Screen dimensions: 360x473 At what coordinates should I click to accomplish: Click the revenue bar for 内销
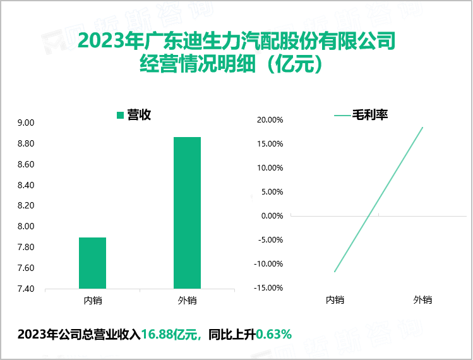click(x=92, y=263)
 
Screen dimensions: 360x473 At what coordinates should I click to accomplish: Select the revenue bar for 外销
click(x=187, y=213)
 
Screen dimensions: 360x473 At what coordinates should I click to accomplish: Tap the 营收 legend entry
click(x=133, y=115)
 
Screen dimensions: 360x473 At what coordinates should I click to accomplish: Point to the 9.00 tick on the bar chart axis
click(x=27, y=123)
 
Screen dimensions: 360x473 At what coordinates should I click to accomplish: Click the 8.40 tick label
click(x=27, y=185)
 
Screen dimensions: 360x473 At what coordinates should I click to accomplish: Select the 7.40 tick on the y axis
click(x=27, y=289)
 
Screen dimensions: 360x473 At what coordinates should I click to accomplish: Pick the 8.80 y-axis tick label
click(x=27, y=143)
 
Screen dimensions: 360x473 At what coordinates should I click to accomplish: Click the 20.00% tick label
click(x=268, y=119)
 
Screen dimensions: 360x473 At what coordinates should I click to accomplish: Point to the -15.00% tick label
click(x=267, y=288)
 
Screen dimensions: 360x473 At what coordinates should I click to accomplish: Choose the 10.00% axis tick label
click(x=268, y=167)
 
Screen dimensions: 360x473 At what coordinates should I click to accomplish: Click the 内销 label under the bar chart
click(x=92, y=300)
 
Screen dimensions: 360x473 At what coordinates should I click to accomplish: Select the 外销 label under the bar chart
click(x=187, y=300)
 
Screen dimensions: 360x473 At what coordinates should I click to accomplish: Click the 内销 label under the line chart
click(x=335, y=300)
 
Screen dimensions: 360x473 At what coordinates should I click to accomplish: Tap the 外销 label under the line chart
click(x=422, y=300)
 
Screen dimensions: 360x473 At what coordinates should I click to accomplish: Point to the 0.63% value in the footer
click(x=273, y=334)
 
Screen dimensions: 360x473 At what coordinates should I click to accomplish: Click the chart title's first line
click(x=236, y=42)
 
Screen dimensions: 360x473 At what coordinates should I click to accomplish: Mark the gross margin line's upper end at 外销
click(x=422, y=128)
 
